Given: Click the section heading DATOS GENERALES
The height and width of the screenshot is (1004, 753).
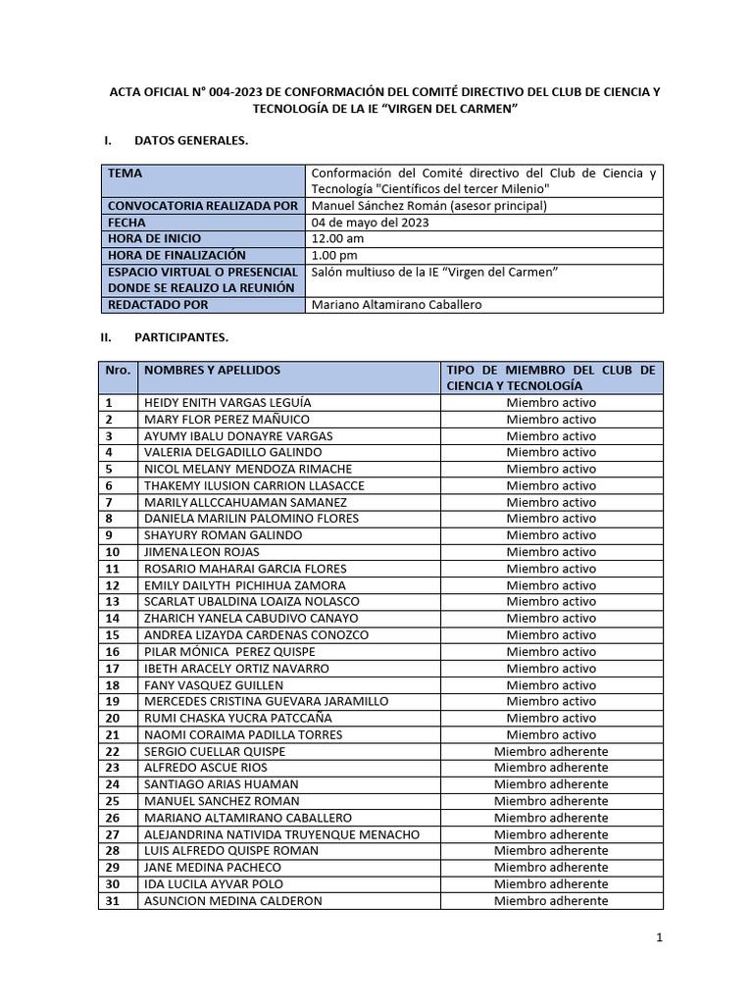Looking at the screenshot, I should tap(190, 141).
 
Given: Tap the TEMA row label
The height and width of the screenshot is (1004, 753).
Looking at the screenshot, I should tap(125, 174).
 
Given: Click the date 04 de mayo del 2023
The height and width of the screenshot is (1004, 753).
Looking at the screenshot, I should tap(370, 223).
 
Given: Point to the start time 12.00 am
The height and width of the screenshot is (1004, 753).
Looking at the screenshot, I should tap(338, 238).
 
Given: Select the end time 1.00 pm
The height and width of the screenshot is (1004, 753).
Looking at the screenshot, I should tap(335, 255).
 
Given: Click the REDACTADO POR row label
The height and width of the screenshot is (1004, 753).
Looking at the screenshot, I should tap(158, 305).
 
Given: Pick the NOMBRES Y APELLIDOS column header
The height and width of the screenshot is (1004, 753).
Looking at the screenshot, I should tap(212, 371).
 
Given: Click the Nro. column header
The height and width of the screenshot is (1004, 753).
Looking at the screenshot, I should tap(118, 371).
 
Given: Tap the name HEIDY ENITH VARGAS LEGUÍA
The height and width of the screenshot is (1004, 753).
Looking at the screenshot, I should tap(228, 403).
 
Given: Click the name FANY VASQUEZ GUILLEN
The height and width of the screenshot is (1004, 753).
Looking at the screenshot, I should tap(214, 685).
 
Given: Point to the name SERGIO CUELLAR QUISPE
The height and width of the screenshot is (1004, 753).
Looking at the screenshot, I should tap(216, 751).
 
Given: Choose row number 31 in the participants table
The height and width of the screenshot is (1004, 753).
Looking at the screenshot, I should tap(113, 901).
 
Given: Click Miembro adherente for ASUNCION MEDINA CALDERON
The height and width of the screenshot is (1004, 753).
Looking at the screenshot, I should tap(551, 901).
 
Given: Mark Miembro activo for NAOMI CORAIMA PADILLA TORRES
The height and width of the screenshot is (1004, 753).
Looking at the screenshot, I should tap(551, 734).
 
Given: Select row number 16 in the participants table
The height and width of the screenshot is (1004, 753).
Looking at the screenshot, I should tap(113, 652).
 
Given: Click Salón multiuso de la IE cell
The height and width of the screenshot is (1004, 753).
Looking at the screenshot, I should tap(433, 272).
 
